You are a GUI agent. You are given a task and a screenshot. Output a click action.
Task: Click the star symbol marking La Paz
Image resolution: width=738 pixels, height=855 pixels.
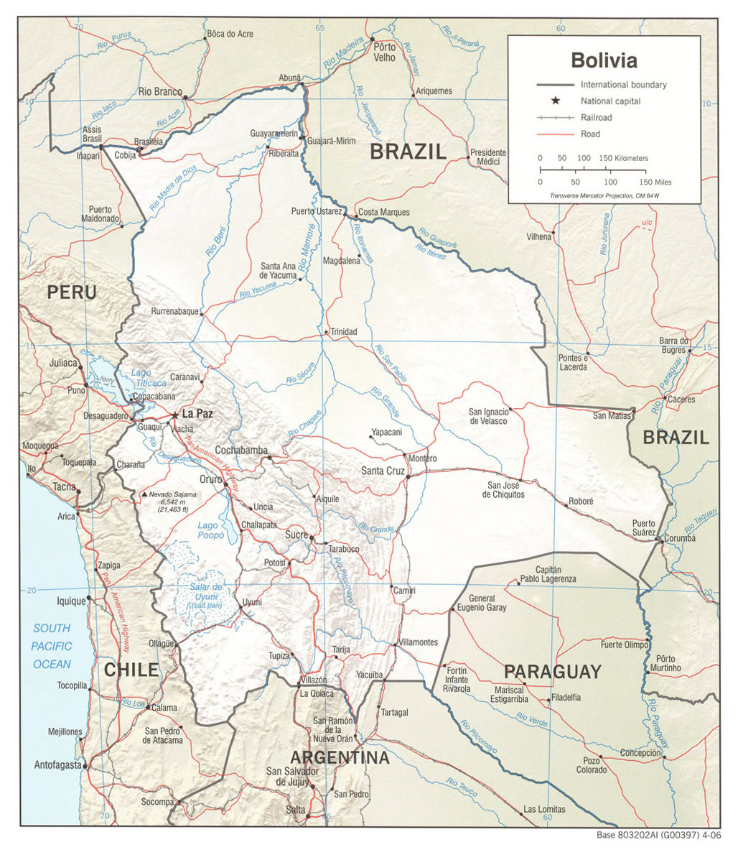coord(175,415)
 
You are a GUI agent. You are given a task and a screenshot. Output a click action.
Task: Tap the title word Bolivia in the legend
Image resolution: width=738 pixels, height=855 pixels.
coord(604,59)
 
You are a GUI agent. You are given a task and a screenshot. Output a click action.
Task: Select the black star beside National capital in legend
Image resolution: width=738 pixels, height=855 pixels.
coord(555,101)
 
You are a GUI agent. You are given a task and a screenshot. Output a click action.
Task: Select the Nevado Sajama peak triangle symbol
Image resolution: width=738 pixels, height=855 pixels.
coord(144,495)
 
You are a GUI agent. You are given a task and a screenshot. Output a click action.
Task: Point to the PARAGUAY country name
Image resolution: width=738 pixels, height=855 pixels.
coord(551,672)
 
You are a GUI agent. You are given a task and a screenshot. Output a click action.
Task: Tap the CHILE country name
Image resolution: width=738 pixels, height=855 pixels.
coord(131,670)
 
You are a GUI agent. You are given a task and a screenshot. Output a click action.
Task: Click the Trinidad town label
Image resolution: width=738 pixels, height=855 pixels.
coord(343,332)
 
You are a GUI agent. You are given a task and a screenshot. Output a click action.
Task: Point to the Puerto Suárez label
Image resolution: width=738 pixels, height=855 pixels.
coord(643,527)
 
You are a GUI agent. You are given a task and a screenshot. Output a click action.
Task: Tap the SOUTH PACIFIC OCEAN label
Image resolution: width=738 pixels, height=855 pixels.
coord(52,646)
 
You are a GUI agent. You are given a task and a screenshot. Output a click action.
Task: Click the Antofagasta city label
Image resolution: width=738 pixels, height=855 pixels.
coord(57,765)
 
